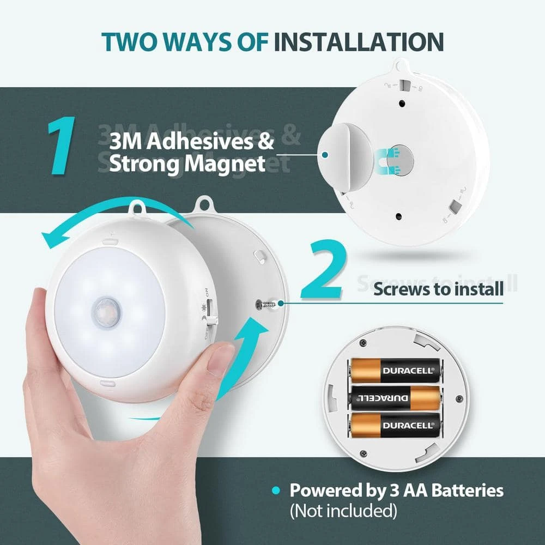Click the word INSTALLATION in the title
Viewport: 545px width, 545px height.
[x=359, y=42]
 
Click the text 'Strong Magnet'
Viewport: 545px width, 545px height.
[x=187, y=163]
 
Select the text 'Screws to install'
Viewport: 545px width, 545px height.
[x=438, y=289]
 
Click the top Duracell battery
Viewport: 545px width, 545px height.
[x=394, y=371]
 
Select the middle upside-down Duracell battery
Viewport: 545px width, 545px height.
[x=394, y=398]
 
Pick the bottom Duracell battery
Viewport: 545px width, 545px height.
[x=394, y=425]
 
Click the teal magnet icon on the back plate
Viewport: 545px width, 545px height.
[x=389, y=161]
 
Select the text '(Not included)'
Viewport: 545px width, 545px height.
[x=343, y=511]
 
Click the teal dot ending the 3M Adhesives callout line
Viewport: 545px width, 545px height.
[x=325, y=155]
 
